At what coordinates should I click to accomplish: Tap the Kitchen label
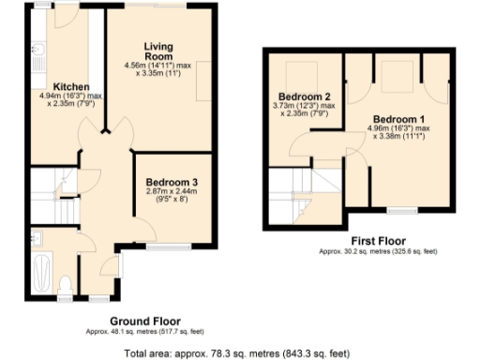[70, 86]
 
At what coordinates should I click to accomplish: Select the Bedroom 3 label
[171, 181]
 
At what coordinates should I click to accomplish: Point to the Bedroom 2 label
[303, 97]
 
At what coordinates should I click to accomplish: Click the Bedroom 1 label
[399, 119]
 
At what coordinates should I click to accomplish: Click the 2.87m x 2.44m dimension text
[171, 191]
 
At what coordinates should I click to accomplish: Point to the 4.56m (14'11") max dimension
[157, 66]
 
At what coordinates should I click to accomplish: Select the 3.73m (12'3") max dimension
[303, 107]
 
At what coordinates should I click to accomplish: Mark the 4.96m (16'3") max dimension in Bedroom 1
[399, 129]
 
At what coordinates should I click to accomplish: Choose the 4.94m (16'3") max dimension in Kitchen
[70, 96]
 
